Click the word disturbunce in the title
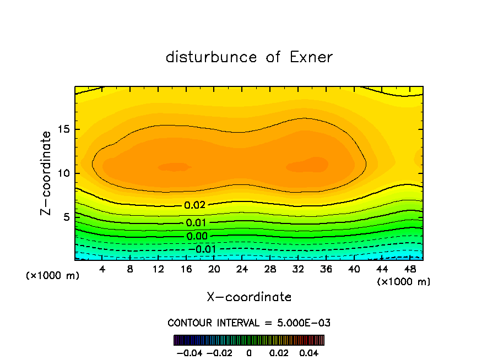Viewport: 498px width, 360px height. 212,57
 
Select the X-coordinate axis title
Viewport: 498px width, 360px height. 249,297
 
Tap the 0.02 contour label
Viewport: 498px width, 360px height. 194,205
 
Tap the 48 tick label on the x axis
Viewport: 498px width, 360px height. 410,270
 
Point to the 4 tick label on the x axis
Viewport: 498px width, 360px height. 102,270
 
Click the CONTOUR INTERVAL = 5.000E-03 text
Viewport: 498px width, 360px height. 249,323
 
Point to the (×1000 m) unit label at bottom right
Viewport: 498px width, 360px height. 404,282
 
